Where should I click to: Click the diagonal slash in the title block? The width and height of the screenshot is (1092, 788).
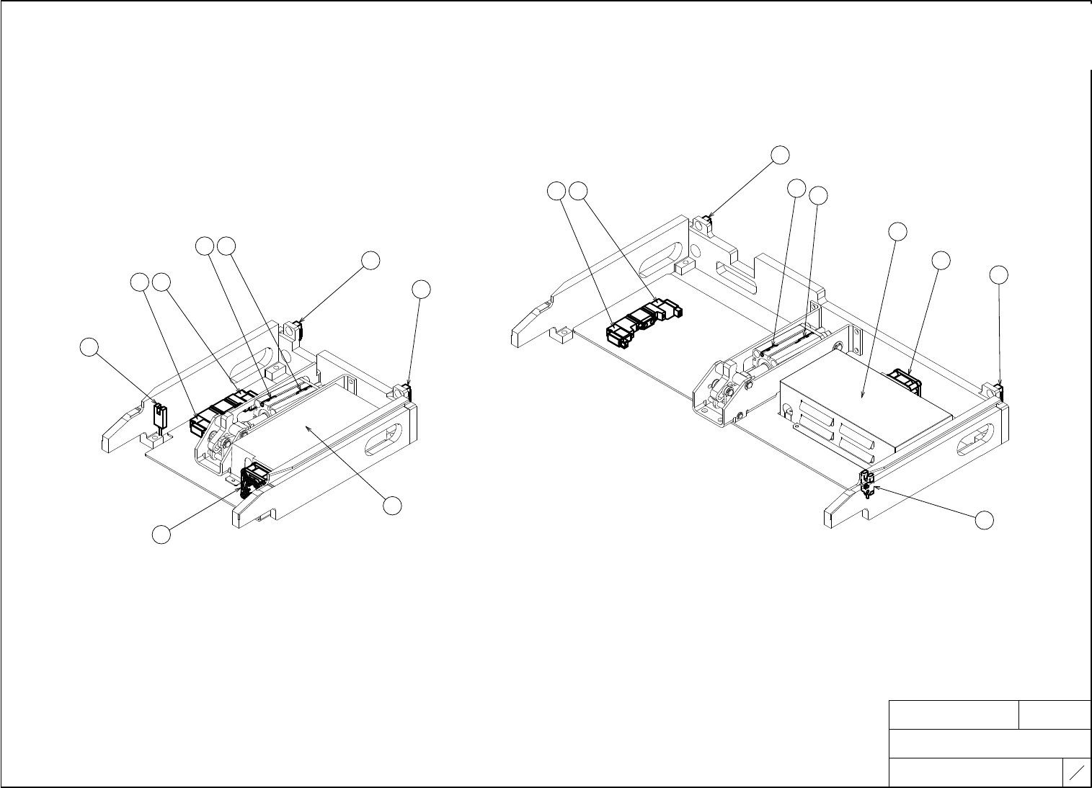(1078, 774)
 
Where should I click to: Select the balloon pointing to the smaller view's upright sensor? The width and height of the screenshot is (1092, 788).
(89, 347)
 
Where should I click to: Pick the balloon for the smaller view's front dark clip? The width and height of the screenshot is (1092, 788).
(161, 534)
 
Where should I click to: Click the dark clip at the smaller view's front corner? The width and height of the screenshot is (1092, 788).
(254, 478)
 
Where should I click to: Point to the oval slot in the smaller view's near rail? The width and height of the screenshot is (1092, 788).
(386, 441)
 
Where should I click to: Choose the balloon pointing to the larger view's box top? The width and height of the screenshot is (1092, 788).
(897, 231)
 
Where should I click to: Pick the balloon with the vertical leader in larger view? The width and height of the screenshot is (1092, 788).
(998, 274)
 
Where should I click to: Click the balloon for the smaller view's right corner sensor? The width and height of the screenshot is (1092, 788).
(422, 290)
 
